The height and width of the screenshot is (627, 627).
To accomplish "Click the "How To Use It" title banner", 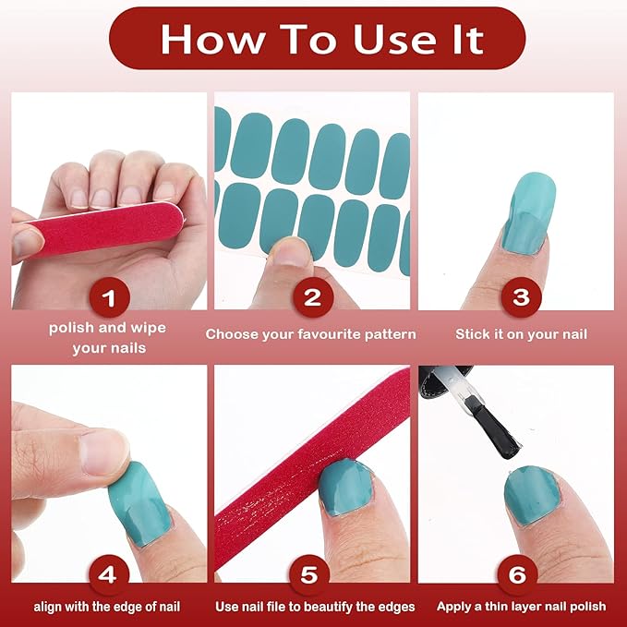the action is [x=317, y=39].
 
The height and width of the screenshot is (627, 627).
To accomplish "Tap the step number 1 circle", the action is [x=109, y=297].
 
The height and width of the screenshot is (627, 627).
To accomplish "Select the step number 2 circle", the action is [x=313, y=297].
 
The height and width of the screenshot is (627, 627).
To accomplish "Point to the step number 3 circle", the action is [x=521, y=297].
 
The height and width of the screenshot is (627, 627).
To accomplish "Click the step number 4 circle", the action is [x=108, y=574].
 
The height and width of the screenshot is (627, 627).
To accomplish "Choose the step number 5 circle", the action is [x=309, y=574].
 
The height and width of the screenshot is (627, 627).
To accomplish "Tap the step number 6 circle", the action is [x=517, y=574].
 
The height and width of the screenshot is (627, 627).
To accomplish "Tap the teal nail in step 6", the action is [x=532, y=496].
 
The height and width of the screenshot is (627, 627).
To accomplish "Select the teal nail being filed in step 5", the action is [x=346, y=487].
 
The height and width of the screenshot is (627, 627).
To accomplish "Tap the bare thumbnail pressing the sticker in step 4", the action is [x=104, y=451].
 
